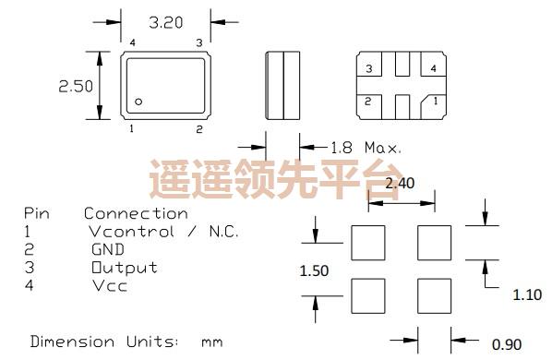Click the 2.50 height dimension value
pos(77,86)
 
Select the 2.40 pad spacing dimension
pos(399,182)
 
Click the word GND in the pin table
pos(106,249)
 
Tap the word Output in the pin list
pos(123,268)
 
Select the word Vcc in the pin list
pos(108,285)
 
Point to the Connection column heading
pos(135,213)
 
